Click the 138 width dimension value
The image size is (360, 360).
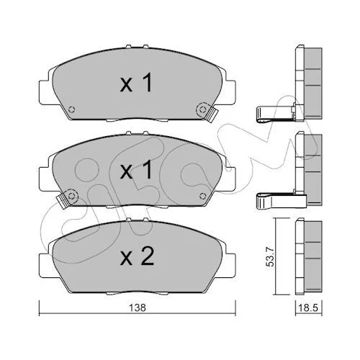(x=138, y=307)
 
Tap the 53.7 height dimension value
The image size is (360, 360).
(x=271, y=257)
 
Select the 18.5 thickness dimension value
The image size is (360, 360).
(x=309, y=307)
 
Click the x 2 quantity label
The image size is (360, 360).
(x=137, y=257)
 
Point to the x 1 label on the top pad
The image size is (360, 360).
(x=136, y=83)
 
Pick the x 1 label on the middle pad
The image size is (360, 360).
(x=136, y=169)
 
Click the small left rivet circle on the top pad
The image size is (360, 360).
(x=71, y=109)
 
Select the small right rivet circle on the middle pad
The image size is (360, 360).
(x=203, y=196)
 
